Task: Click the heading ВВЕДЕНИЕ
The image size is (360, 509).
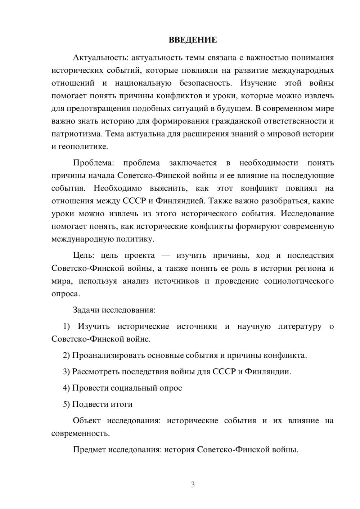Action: pos(193,40)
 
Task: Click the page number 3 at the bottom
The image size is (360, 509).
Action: pos(193,485)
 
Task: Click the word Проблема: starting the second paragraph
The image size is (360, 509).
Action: pos(93,163)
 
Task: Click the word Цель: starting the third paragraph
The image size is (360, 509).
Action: pos(84,256)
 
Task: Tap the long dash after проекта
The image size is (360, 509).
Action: pos(166,256)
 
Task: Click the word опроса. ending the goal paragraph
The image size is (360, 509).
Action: pos(66,294)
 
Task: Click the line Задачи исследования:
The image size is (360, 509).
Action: pos(114,310)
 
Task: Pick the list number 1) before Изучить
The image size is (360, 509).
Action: pos(67,326)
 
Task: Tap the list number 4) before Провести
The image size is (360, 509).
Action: pos(67,388)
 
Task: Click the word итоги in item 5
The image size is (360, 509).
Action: pos(122,404)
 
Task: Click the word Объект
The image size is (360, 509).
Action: pos(87,421)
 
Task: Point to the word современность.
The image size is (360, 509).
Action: pos(81,433)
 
